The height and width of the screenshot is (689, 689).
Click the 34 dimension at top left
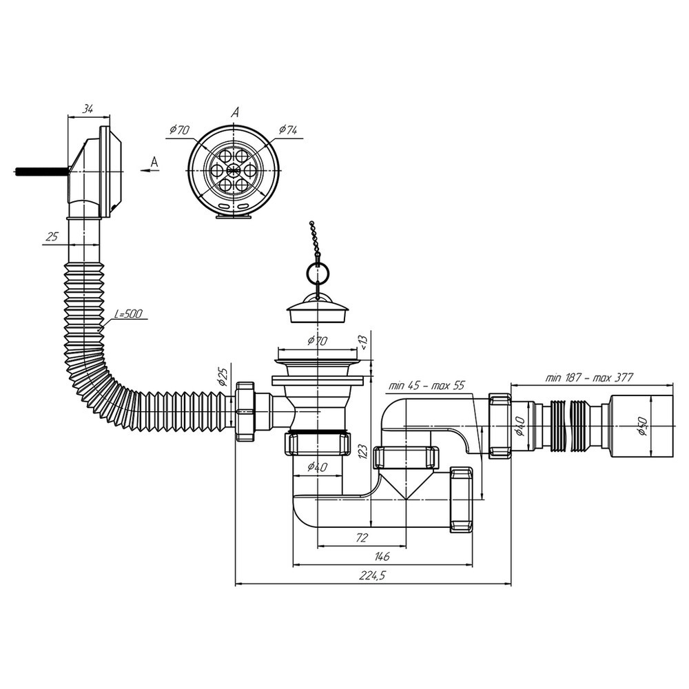pos(88,110)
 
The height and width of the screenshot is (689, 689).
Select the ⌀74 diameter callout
pos(288,130)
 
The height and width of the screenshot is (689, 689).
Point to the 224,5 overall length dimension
pos(372,575)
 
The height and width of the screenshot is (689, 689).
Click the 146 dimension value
pos(382,556)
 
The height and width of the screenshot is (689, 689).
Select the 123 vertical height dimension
pos(362,452)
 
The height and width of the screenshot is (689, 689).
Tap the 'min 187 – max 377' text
pos(589,377)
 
